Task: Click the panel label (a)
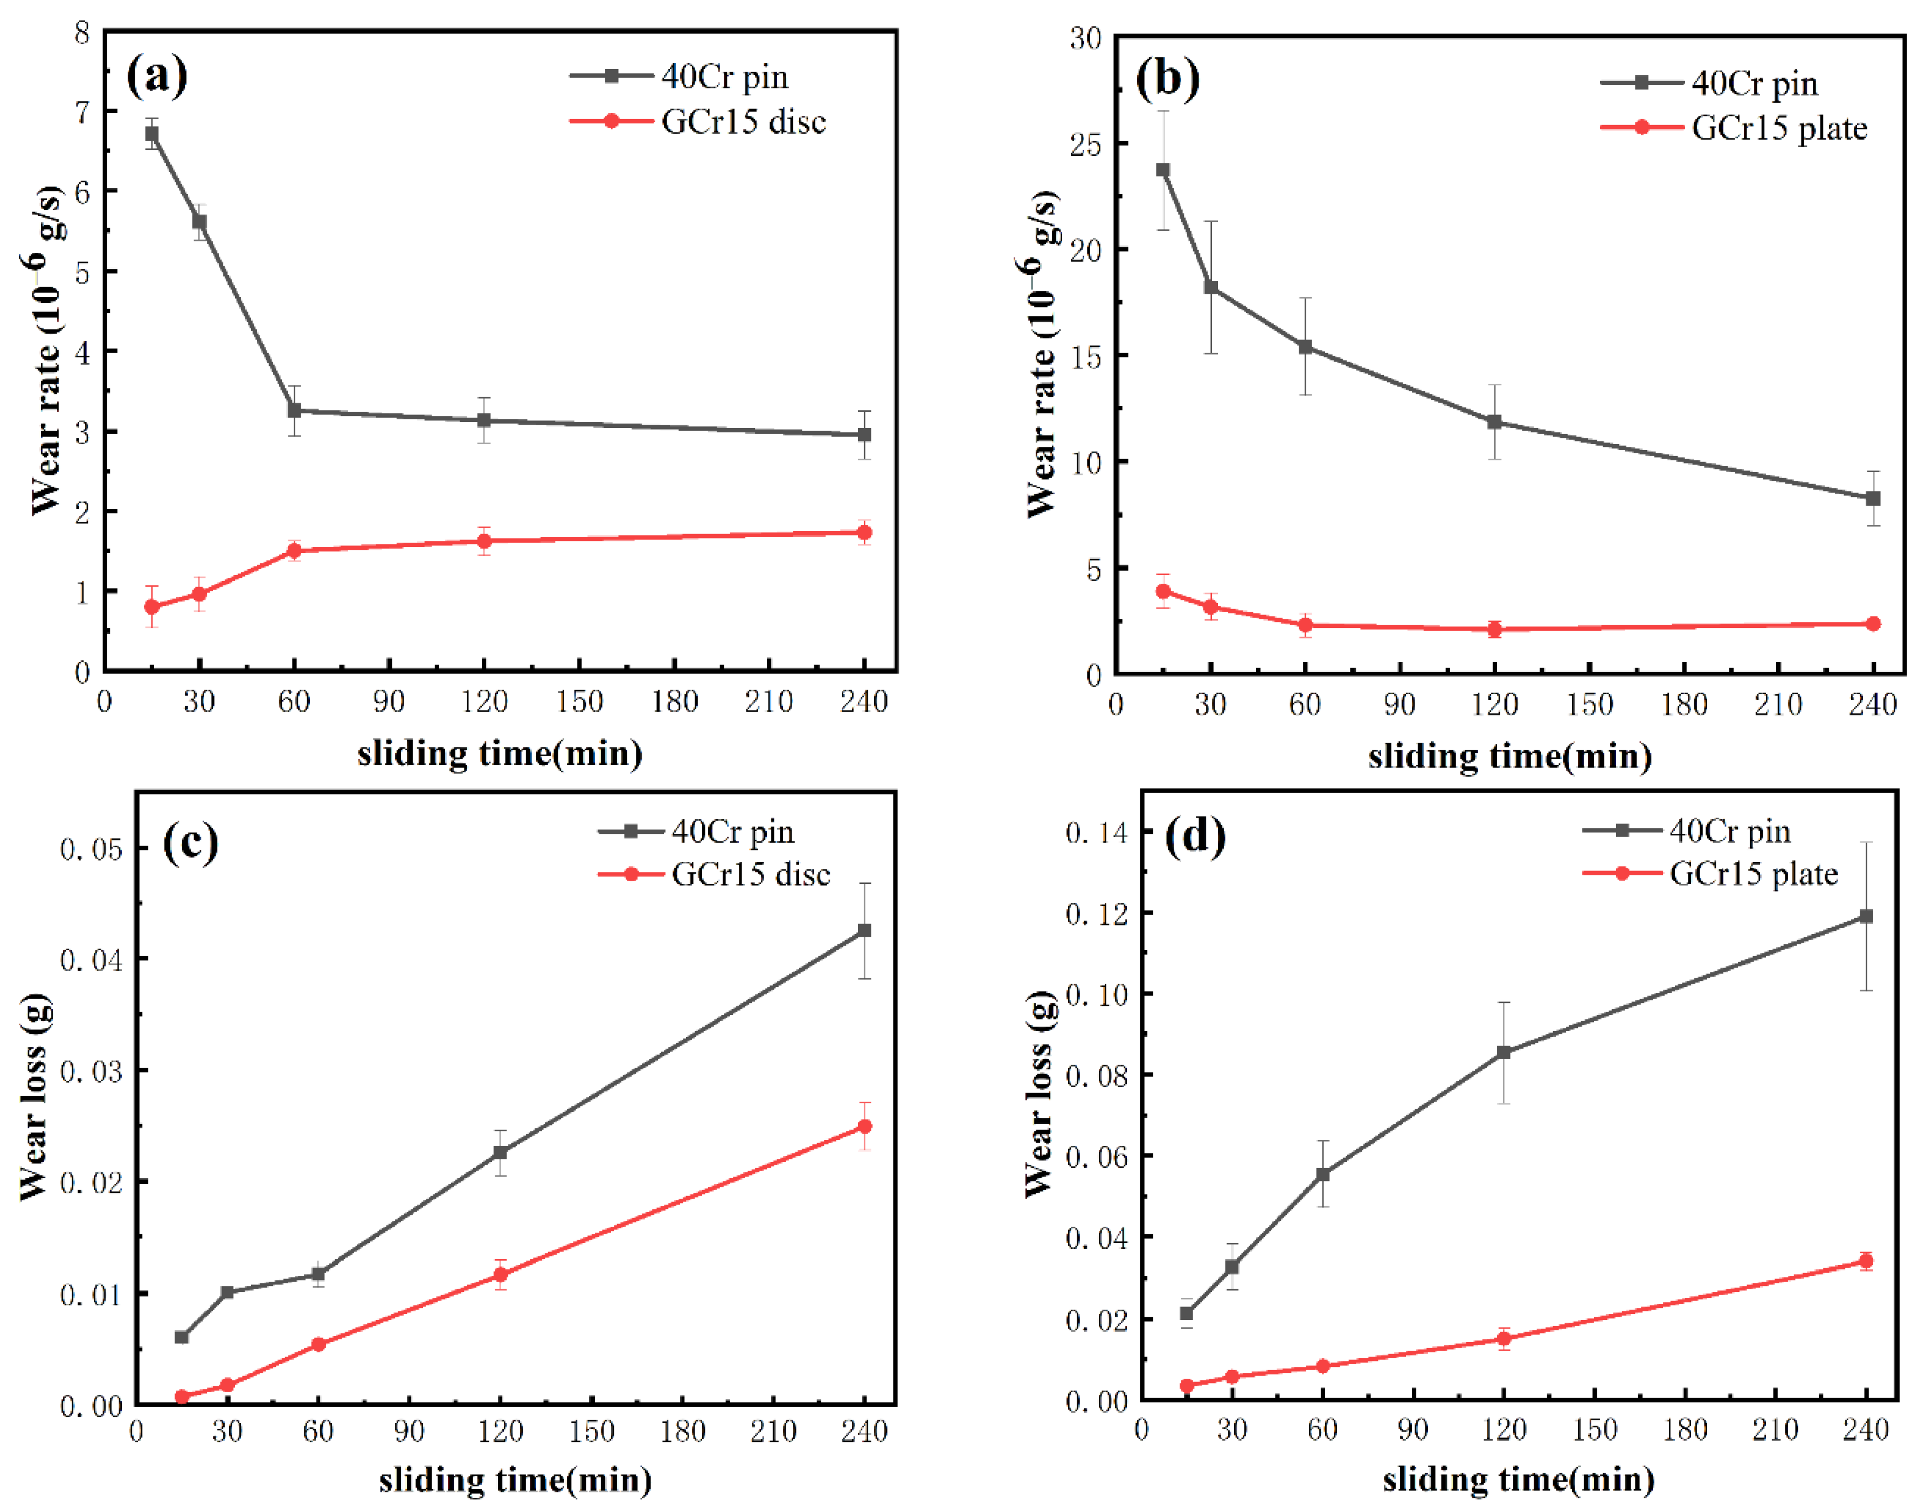157,76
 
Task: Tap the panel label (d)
1195,835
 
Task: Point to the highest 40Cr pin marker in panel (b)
1163,170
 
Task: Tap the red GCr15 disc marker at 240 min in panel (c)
864,1126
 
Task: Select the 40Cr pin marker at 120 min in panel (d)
1504,1053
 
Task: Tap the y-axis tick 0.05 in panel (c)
91,849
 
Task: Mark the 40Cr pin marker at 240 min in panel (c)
864,931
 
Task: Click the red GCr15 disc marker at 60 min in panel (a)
295,551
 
